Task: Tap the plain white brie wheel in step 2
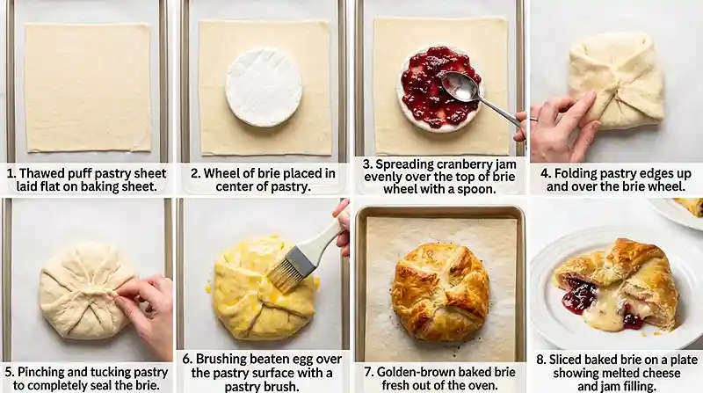click(x=264, y=87)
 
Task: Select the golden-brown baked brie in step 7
click(x=440, y=290)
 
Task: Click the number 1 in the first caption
click(x=11, y=173)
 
